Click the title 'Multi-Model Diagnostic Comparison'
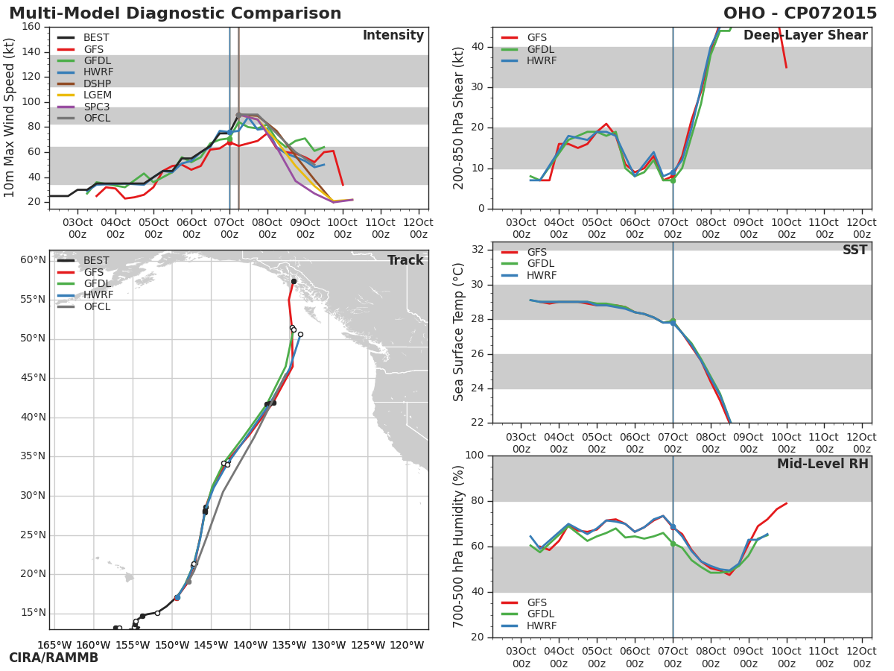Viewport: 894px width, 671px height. pos(175,13)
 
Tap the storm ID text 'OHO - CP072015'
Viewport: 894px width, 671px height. pos(800,13)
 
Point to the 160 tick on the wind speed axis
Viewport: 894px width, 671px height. pos(31,27)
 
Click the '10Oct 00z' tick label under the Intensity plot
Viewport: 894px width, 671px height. pos(343,228)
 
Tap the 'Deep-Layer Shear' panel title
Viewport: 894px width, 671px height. pos(805,35)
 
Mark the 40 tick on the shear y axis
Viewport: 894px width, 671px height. pos(478,47)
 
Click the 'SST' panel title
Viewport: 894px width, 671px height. pos(855,250)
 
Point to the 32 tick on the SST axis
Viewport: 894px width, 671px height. pos(478,249)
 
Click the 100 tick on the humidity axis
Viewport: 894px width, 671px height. pos(475,455)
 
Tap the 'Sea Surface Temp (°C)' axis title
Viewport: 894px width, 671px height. pos(458,332)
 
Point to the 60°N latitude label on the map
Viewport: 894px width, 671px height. pos(33,260)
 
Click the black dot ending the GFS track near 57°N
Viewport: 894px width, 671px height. pos(294,282)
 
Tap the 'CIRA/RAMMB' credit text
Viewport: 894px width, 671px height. pos(54,658)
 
